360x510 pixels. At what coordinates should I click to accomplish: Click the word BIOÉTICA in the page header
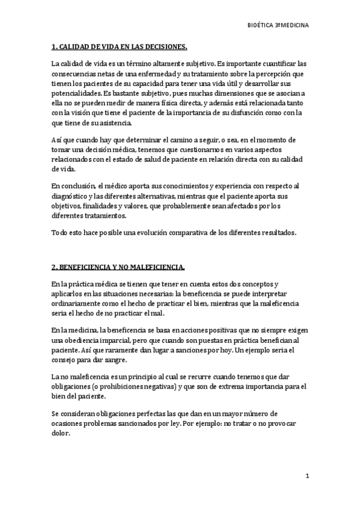pyautogui.click(x=262, y=26)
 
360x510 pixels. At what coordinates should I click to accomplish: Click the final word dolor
pyautogui.click(x=61, y=434)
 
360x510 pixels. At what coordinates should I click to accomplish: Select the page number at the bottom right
pyautogui.click(x=306, y=476)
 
